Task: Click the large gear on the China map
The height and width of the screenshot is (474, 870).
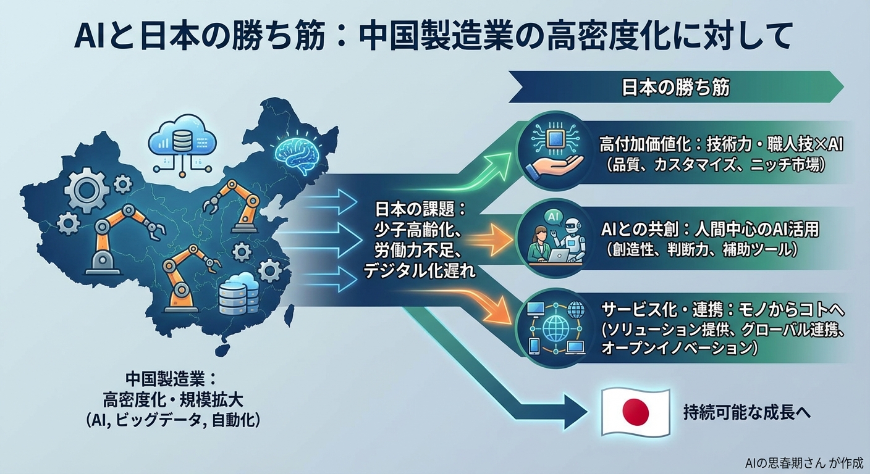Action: tap(87, 188)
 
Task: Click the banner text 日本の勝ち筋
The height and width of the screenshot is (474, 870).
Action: tap(675, 88)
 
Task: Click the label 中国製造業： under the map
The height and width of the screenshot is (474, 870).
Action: tap(169, 378)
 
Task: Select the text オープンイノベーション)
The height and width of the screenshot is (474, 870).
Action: tap(680, 347)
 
